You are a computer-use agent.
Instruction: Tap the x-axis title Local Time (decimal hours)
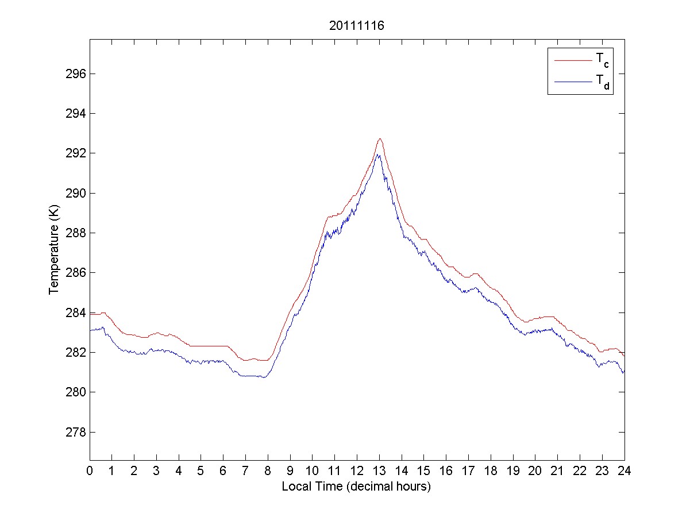356,487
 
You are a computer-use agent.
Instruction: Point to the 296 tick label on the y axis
76,74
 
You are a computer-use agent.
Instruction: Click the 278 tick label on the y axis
76,432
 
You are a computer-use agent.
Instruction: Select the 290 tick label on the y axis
76,193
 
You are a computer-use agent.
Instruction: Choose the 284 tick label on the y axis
76,312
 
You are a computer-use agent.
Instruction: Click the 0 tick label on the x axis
90,472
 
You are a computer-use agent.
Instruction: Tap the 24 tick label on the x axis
625,472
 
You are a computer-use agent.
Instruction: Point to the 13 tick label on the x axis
379,472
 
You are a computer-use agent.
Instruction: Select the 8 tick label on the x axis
268,472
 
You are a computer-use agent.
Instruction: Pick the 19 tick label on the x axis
513,472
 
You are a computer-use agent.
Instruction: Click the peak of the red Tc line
380,138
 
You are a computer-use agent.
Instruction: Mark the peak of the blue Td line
378,155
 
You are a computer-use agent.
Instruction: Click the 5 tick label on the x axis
201,472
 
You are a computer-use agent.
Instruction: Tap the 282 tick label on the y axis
76,352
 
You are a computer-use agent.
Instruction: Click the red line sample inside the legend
572,60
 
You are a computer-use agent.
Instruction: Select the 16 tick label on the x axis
446,472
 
